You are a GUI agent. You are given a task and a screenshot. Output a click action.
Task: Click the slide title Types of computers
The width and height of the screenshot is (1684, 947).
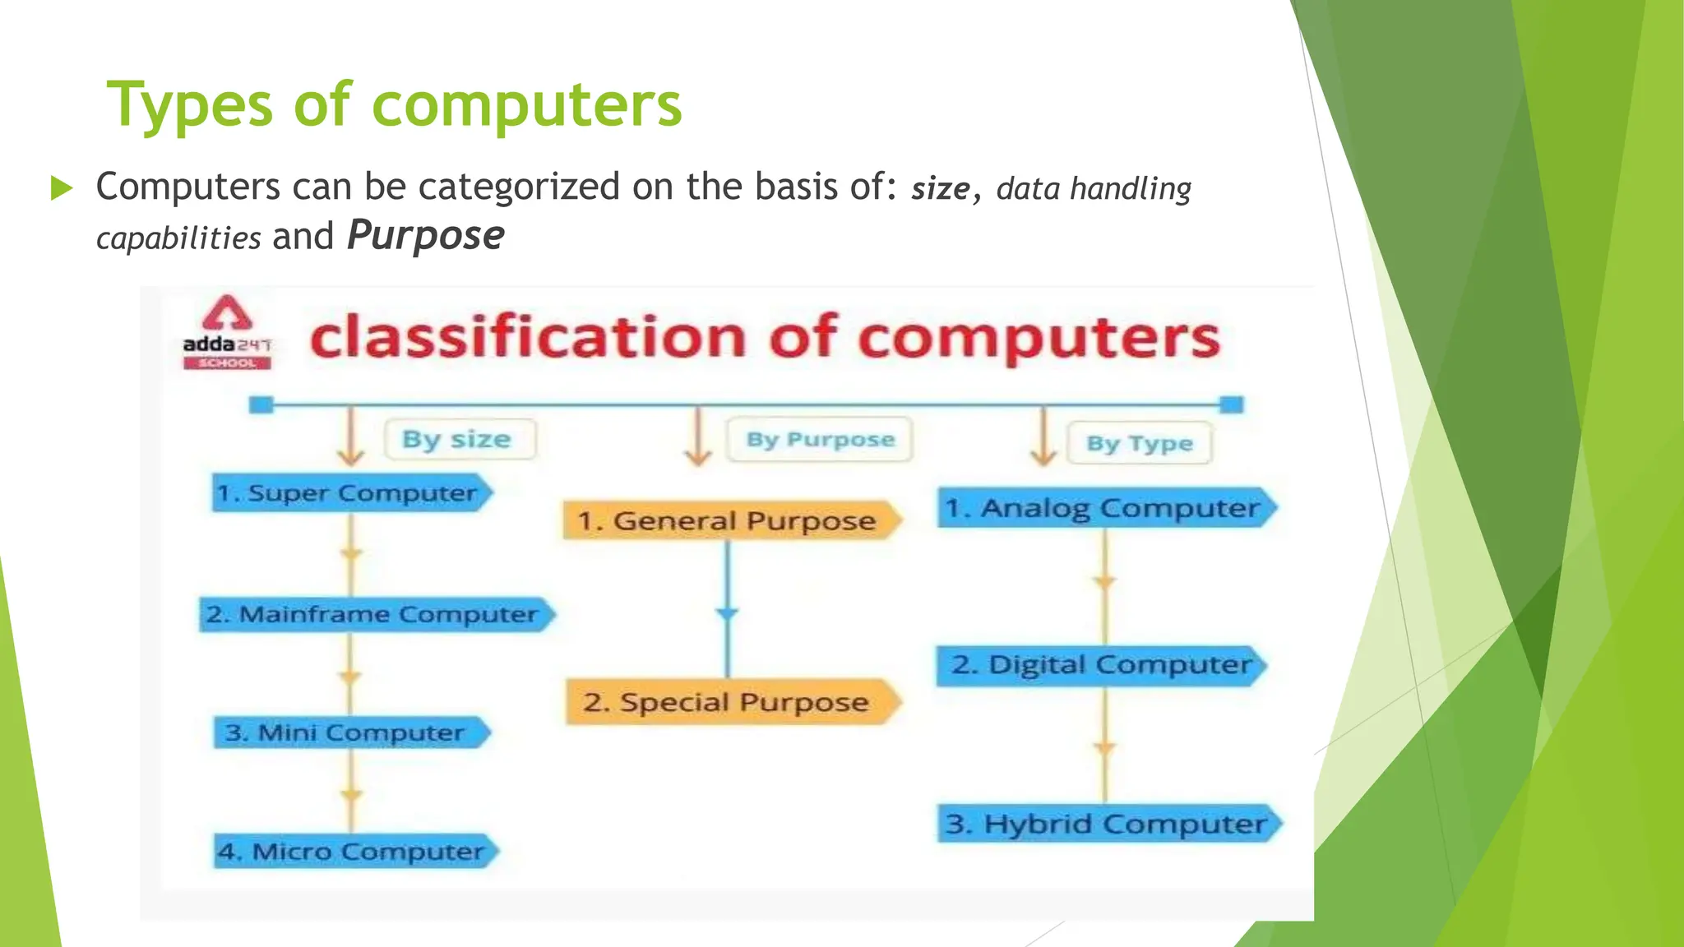(x=395, y=105)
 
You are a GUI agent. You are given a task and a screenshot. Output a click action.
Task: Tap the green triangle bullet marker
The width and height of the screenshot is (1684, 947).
(x=61, y=188)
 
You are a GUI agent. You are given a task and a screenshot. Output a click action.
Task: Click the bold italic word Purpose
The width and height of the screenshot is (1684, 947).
(x=425, y=236)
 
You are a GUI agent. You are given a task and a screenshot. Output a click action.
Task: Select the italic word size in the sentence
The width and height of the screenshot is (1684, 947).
(x=940, y=189)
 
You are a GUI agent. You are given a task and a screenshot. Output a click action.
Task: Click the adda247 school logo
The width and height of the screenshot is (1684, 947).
(x=227, y=333)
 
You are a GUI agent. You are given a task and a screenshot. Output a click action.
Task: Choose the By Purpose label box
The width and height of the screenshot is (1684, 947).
(x=820, y=439)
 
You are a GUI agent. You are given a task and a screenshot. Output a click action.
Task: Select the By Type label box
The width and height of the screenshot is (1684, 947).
(x=1139, y=443)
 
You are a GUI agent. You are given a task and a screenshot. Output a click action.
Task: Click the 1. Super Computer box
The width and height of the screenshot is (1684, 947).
(x=349, y=493)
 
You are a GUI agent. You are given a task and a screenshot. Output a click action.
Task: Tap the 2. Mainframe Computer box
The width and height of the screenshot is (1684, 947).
(x=374, y=615)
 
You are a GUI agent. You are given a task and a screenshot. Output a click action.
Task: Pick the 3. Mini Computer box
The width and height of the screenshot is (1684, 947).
(x=349, y=732)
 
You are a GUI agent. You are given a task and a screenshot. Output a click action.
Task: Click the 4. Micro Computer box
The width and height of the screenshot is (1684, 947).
(x=354, y=852)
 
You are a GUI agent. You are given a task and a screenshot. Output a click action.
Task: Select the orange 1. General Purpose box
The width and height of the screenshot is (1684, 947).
(x=729, y=521)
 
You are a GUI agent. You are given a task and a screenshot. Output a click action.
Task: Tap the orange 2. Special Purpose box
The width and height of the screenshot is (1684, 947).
(x=729, y=702)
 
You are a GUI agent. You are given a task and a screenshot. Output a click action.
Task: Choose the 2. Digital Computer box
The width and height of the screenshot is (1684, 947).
(x=1099, y=665)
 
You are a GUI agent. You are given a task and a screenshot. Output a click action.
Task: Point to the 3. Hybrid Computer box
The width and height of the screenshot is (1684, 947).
(x=1106, y=824)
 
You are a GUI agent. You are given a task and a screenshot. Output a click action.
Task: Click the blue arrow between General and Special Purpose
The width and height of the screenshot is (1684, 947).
(x=727, y=612)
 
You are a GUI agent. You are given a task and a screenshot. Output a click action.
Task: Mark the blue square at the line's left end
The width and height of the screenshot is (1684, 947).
(x=261, y=404)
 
